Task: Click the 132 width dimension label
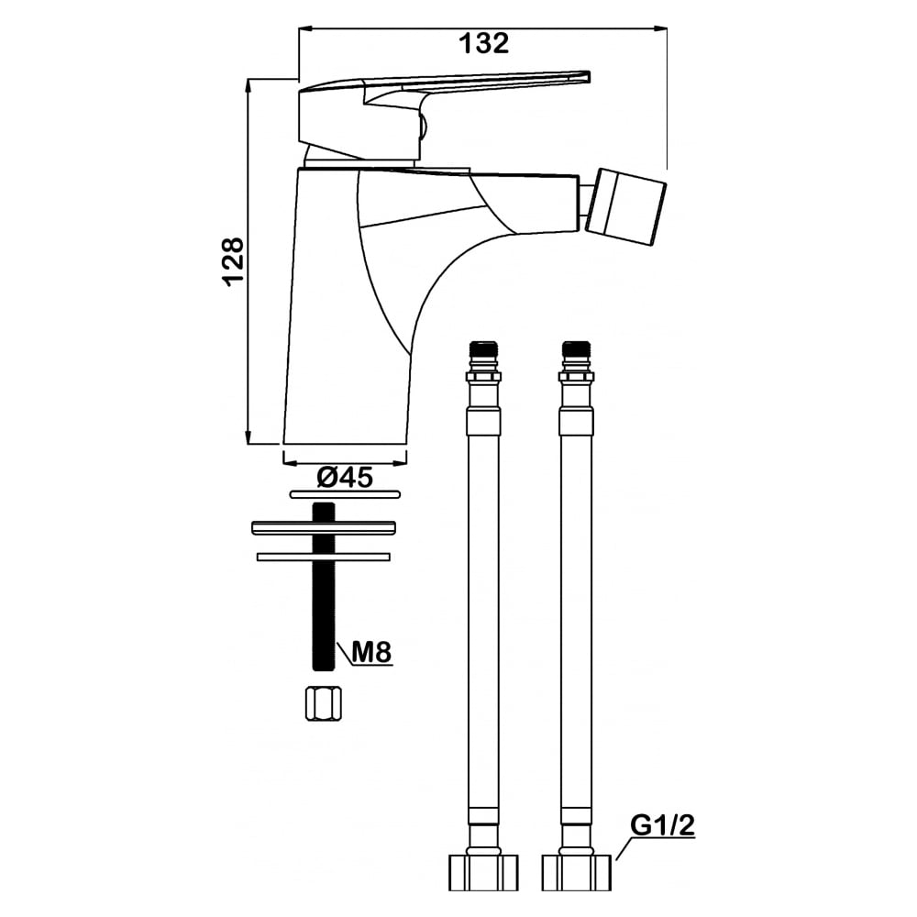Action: [x=483, y=43]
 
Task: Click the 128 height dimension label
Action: [x=234, y=261]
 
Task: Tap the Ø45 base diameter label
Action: [x=345, y=478]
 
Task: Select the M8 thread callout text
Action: [x=371, y=651]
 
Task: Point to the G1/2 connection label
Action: [x=663, y=825]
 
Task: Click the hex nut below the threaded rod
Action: [x=324, y=704]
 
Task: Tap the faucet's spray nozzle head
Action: [x=627, y=207]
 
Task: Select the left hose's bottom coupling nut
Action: [x=483, y=873]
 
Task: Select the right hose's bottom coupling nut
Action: [x=577, y=873]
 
